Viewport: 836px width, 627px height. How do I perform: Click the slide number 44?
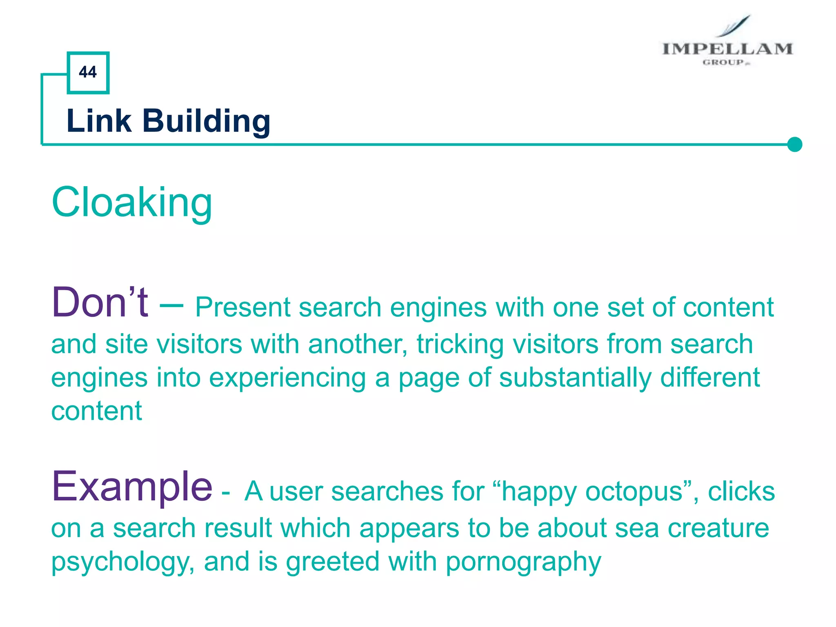click(88, 72)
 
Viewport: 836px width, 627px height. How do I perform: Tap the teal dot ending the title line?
click(794, 145)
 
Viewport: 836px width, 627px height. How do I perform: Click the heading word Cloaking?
click(132, 202)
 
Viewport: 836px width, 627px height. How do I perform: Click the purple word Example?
click(132, 487)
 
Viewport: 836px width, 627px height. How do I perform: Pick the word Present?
click(242, 307)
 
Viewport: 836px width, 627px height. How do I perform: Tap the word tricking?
click(460, 344)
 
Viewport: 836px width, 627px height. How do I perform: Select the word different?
click(710, 377)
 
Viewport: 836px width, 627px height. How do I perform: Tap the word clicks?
click(741, 491)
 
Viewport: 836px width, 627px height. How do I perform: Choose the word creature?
click(718, 528)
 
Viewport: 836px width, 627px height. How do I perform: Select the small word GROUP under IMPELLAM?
click(723, 62)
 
